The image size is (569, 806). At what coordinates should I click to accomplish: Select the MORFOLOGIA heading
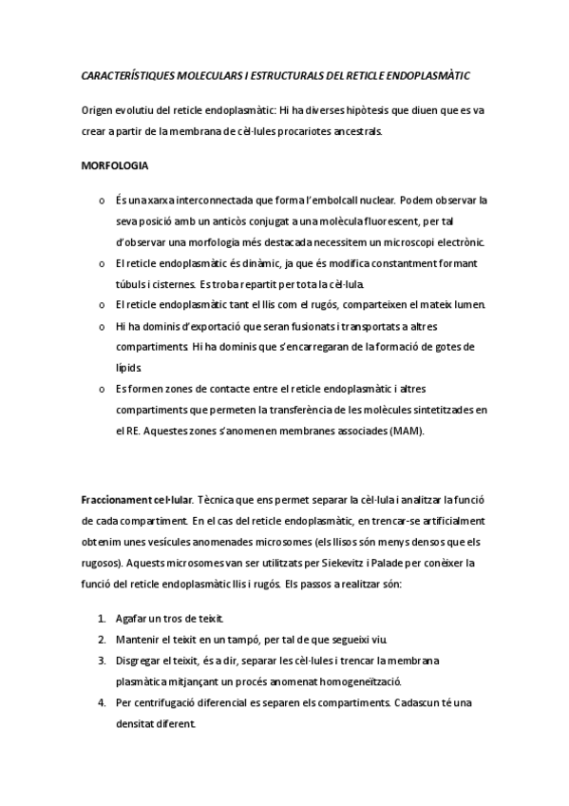click(x=115, y=165)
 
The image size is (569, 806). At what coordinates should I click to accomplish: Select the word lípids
click(x=128, y=367)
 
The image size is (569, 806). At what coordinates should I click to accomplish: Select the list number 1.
click(x=101, y=618)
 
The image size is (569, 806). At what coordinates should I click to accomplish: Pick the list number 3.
click(x=101, y=660)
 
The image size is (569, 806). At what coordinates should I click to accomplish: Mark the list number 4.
click(x=101, y=702)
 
